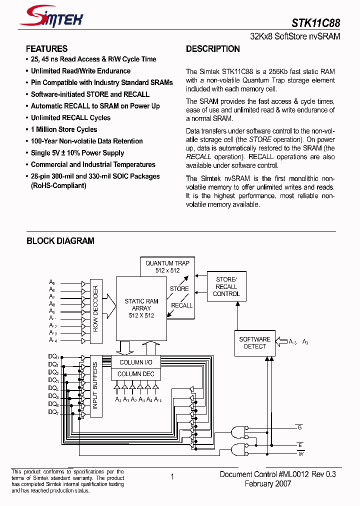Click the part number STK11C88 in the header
[316, 23]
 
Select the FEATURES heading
[46, 49]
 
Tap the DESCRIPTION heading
[213, 49]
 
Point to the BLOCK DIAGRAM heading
[60, 241]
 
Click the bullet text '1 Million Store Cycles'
[64, 129]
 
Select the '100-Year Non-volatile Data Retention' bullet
[86, 141]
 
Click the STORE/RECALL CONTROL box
[226, 286]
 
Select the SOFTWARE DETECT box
[254, 343]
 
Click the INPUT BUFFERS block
[95, 386]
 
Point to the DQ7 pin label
[53, 412]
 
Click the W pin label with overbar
[300, 453]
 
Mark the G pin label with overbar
[299, 427]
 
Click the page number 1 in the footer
[172, 477]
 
